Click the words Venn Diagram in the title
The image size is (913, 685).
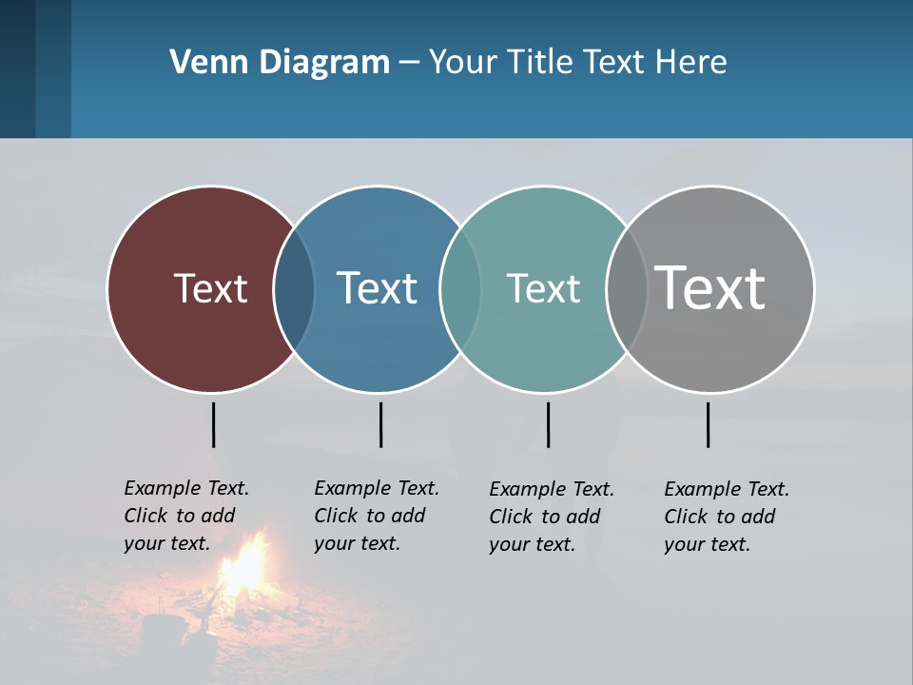(x=280, y=63)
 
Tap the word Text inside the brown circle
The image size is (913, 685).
(x=210, y=288)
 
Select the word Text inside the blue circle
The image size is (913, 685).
(x=378, y=288)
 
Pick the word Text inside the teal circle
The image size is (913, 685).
(x=543, y=288)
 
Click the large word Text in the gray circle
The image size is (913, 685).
(x=710, y=287)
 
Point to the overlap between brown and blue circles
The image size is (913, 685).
(x=294, y=288)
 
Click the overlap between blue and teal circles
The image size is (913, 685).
(x=460, y=288)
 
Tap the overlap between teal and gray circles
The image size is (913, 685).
(x=627, y=288)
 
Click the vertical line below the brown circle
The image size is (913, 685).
(x=214, y=424)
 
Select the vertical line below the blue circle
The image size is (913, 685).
(x=380, y=424)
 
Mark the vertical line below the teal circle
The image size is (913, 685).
(x=548, y=424)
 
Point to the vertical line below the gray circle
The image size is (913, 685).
(x=708, y=424)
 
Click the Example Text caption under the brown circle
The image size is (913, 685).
(x=186, y=516)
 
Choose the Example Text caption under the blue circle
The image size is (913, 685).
(x=377, y=516)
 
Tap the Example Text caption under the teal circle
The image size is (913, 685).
(x=552, y=517)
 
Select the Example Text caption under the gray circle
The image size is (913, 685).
(x=727, y=517)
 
